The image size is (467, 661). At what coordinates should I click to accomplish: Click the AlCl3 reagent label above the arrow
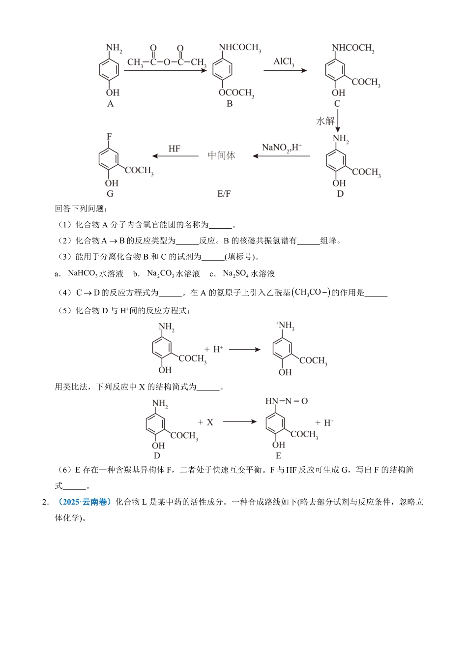(284, 62)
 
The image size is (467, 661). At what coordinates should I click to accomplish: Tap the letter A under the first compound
(110, 104)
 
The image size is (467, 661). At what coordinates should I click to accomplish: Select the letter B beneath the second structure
(230, 104)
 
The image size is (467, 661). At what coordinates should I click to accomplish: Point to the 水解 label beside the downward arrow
(325, 121)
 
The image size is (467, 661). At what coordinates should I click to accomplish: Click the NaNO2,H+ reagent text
(282, 148)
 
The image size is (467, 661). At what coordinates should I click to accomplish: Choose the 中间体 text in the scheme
(221, 155)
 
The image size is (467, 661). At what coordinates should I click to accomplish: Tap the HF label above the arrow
(175, 149)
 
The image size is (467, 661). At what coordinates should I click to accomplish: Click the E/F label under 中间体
(224, 194)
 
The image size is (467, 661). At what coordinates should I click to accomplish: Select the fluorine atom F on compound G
(109, 136)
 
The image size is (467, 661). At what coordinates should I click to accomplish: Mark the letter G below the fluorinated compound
(110, 194)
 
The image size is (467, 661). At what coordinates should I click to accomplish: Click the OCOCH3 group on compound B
(236, 93)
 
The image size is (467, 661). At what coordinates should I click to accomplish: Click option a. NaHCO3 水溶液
(91, 274)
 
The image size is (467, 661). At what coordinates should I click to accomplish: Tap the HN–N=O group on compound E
(287, 401)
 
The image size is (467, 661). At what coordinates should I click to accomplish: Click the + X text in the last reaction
(205, 422)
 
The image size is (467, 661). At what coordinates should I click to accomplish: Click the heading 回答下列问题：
(78, 209)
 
